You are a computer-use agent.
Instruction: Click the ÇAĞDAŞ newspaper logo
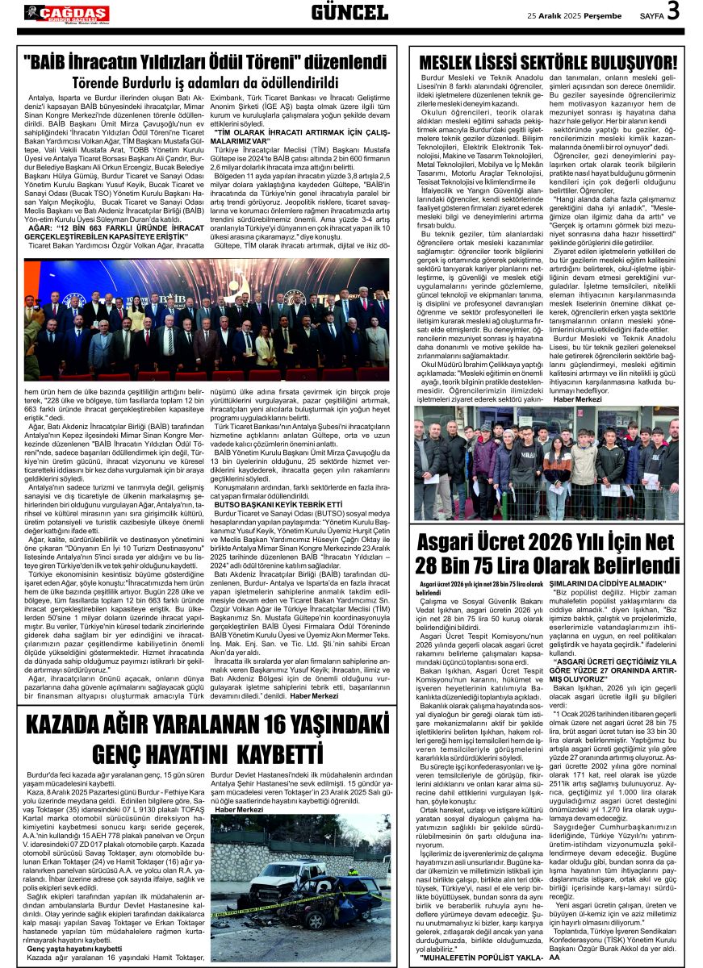tap(66, 12)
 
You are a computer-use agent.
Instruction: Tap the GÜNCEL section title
tap(349, 12)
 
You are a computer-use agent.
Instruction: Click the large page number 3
tap(673, 11)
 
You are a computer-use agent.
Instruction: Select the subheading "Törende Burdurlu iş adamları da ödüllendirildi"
tap(205, 81)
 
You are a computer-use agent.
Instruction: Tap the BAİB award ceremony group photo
tap(206, 320)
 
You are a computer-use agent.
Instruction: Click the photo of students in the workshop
tap(546, 463)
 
